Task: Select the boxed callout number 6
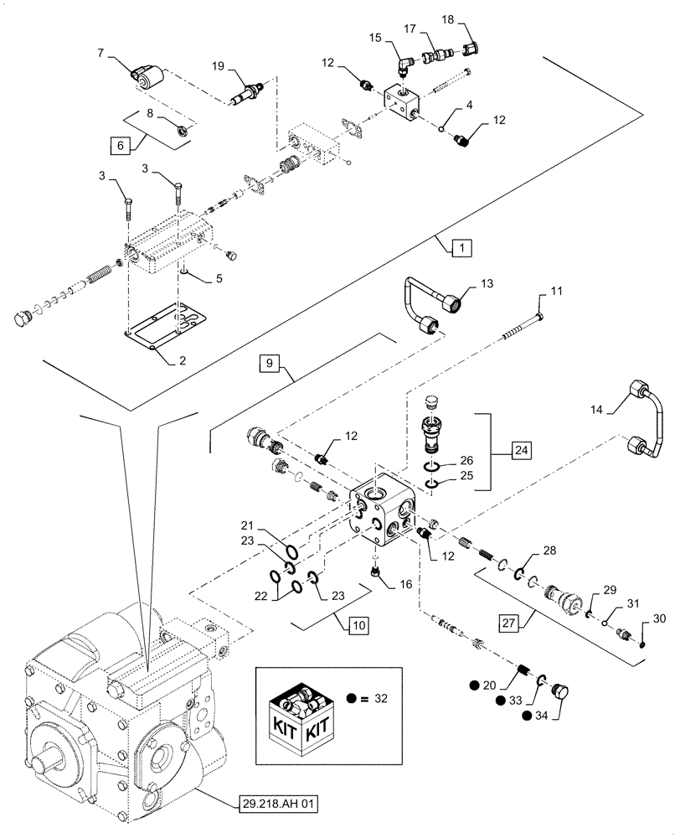pyautogui.click(x=121, y=145)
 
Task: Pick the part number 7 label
pyautogui.click(x=100, y=53)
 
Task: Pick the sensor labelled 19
pyautogui.click(x=249, y=91)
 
